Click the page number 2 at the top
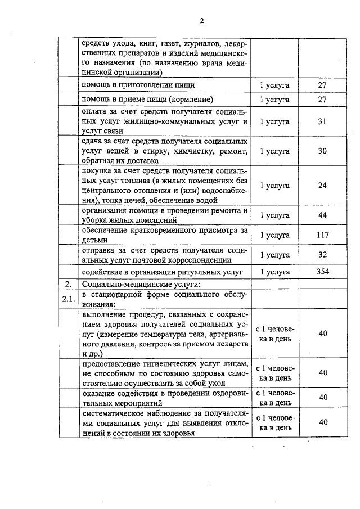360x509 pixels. [x=201, y=21]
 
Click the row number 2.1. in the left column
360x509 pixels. [x=69, y=299]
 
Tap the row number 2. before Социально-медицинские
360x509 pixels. [x=68, y=283]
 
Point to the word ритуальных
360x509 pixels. [x=192, y=272]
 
